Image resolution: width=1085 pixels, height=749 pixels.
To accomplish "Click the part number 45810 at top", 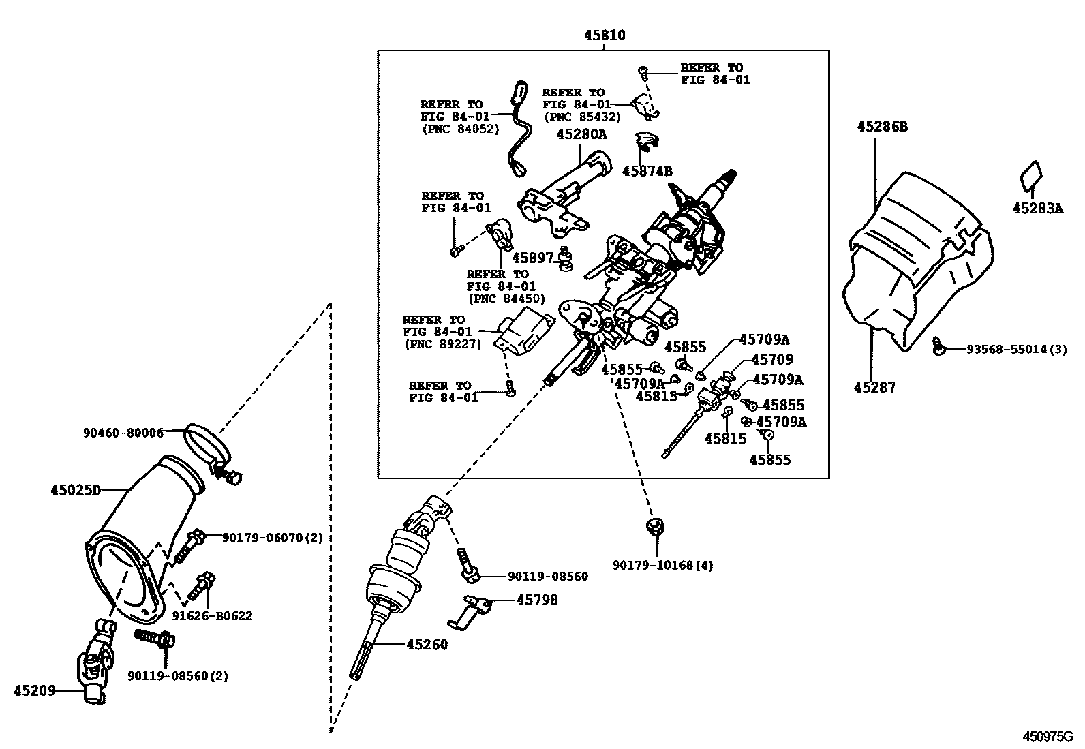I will [x=604, y=36].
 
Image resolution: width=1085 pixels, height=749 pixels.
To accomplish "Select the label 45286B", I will [x=883, y=127].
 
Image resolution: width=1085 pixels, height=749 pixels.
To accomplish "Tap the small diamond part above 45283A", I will [x=1031, y=174].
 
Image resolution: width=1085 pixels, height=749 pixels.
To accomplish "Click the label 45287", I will [x=875, y=388].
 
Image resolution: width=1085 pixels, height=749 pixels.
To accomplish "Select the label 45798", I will [x=536, y=600].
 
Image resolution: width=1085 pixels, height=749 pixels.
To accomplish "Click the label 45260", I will [x=427, y=644].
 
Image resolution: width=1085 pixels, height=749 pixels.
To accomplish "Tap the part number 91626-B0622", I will [x=212, y=616].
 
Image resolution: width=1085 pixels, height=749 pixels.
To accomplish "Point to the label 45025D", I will [x=75, y=490].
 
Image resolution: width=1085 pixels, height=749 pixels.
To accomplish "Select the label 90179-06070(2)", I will [x=272, y=538].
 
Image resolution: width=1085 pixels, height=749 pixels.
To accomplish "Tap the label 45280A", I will [x=581, y=135].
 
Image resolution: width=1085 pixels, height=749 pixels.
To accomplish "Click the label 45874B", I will [x=647, y=171].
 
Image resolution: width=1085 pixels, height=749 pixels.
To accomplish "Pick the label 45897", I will [x=532, y=258].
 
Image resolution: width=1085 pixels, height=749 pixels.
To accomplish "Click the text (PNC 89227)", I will [x=442, y=344].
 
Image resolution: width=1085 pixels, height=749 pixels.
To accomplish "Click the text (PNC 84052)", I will [x=460, y=129].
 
